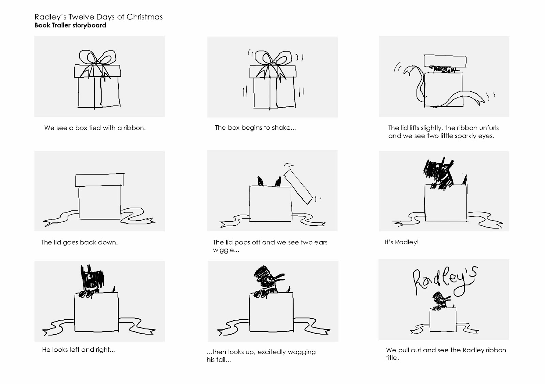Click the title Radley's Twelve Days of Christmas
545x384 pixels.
(x=98, y=17)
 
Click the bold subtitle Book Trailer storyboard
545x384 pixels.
(x=70, y=25)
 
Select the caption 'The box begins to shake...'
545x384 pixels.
(x=255, y=128)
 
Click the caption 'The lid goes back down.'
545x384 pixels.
(x=79, y=242)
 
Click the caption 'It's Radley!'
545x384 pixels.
(x=402, y=242)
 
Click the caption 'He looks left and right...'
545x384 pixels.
(x=78, y=350)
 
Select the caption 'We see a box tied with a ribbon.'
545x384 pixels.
(x=95, y=128)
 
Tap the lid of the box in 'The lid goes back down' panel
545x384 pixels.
(x=99, y=180)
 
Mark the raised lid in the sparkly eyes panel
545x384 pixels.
(x=445, y=61)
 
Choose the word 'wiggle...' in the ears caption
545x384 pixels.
(x=226, y=250)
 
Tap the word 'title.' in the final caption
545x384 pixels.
(x=392, y=358)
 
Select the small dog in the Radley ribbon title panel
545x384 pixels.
(x=441, y=302)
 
